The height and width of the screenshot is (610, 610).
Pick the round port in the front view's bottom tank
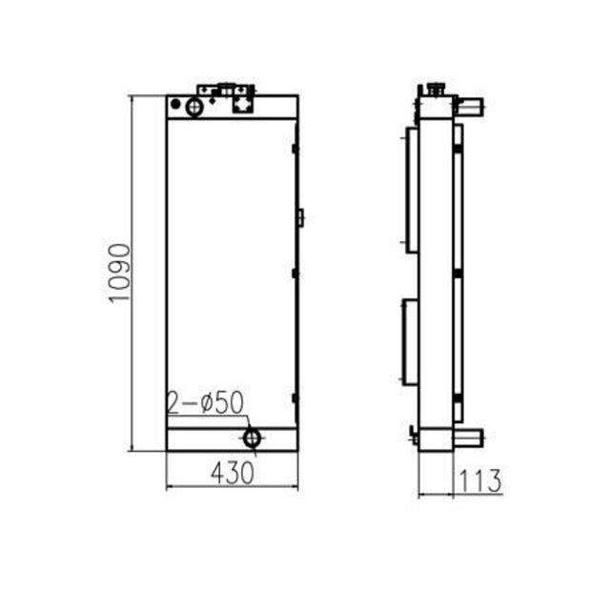(253, 437)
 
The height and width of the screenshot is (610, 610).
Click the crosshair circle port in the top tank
(194, 107)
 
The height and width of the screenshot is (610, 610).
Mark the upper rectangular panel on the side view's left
(412, 191)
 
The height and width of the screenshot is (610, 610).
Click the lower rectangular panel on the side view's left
(411, 341)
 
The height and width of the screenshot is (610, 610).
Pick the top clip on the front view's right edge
(295, 148)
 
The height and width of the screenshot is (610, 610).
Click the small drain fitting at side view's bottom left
(414, 437)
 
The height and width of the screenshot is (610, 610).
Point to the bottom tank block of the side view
(437, 438)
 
